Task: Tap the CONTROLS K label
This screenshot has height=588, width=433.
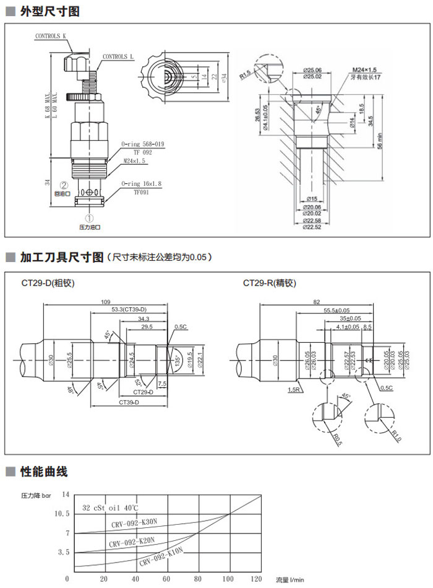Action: pyautogui.click(x=51, y=37)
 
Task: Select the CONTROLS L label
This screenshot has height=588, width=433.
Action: pyautogui.click(x=118, y=56)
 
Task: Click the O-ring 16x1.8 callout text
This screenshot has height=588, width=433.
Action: pyautogui.click(x=142, y=183)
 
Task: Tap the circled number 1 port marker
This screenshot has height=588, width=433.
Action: pyautogui.click(x=90, y=218)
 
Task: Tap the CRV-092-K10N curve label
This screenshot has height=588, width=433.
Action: pyautogui.click(x=161, y=557)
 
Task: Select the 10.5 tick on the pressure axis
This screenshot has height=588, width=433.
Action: pyautogui.click(x=62, y=514)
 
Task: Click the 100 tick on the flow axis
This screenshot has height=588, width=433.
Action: pyautogui.click(x=229, y=579)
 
